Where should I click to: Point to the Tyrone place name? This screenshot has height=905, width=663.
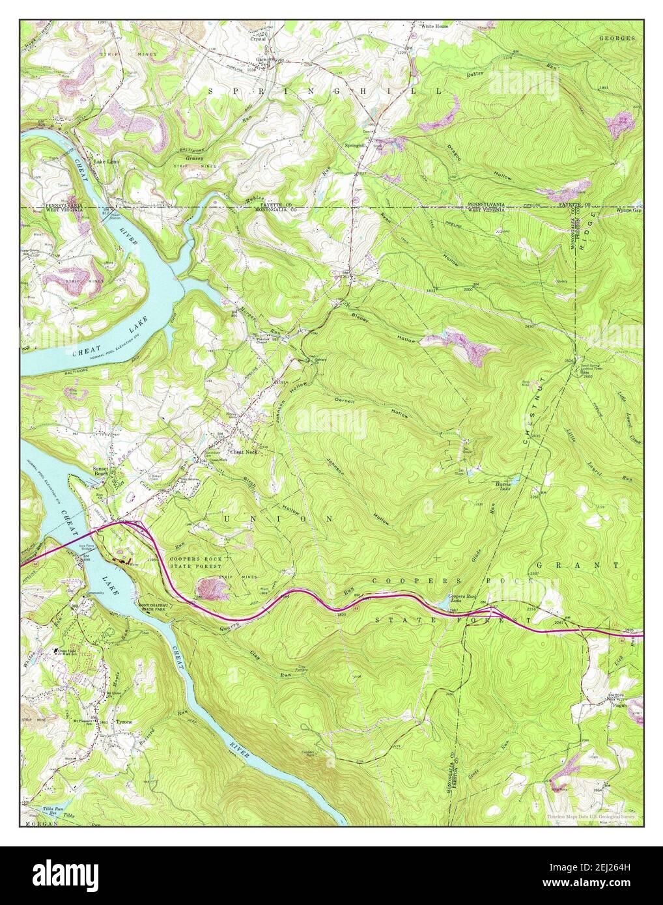tap(124, 723)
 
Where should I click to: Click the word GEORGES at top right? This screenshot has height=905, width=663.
tap(616, 38)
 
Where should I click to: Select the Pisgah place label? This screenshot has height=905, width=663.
tap(619, 704)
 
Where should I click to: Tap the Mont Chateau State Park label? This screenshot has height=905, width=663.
tap(154, 607)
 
